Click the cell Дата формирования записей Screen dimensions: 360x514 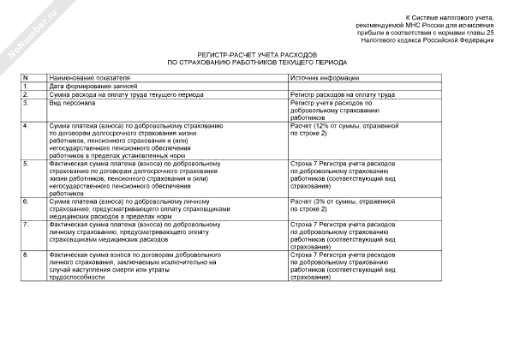[x=94, y=86]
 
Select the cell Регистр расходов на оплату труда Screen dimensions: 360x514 [x=342, y=94]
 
